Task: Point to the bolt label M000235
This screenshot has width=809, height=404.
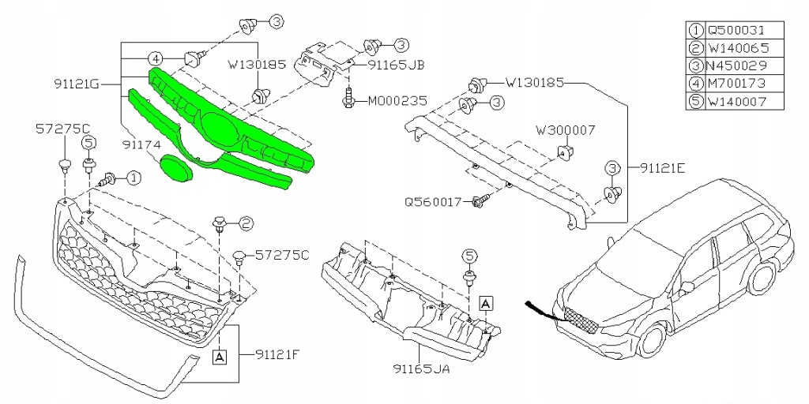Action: point(395,101)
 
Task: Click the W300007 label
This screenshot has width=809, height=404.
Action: point(565,128)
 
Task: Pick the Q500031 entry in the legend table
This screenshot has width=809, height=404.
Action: point(734,31)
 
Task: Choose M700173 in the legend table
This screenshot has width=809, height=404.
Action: point(734,84)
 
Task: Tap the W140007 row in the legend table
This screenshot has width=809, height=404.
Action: point(734,101)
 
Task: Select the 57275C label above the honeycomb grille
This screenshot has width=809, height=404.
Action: point(62,127)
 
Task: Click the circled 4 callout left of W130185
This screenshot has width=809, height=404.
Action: point(156,58)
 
